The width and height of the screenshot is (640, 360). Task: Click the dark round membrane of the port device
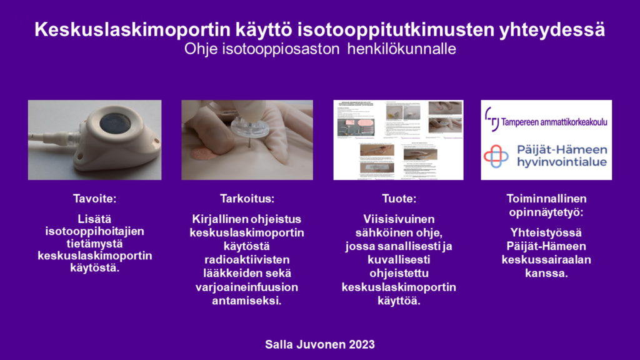tap(117, 122)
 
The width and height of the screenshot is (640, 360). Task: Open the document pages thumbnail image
tap(398, 140)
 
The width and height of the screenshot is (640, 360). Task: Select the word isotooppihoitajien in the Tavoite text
tap(95, 232)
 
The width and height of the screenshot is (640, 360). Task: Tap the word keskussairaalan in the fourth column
tap(547, 261)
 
